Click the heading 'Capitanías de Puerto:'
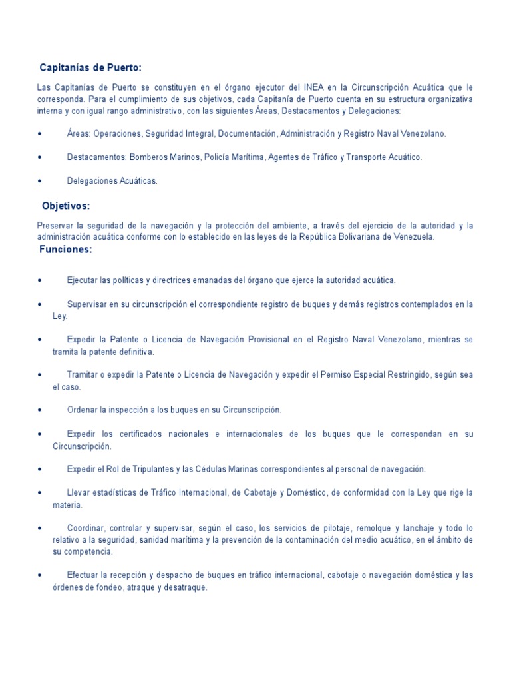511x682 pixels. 91,68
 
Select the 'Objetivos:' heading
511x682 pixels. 66,206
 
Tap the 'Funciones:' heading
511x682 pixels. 66,250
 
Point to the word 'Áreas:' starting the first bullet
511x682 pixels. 79,134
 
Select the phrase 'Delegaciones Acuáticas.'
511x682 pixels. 112,181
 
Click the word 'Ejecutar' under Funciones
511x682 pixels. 83,280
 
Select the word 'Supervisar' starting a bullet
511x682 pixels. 88,304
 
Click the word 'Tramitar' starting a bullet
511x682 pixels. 84,375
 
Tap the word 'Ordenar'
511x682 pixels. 83,410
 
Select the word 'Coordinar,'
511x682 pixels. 87,527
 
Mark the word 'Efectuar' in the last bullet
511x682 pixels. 83,575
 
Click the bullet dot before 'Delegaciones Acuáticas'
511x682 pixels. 41,181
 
